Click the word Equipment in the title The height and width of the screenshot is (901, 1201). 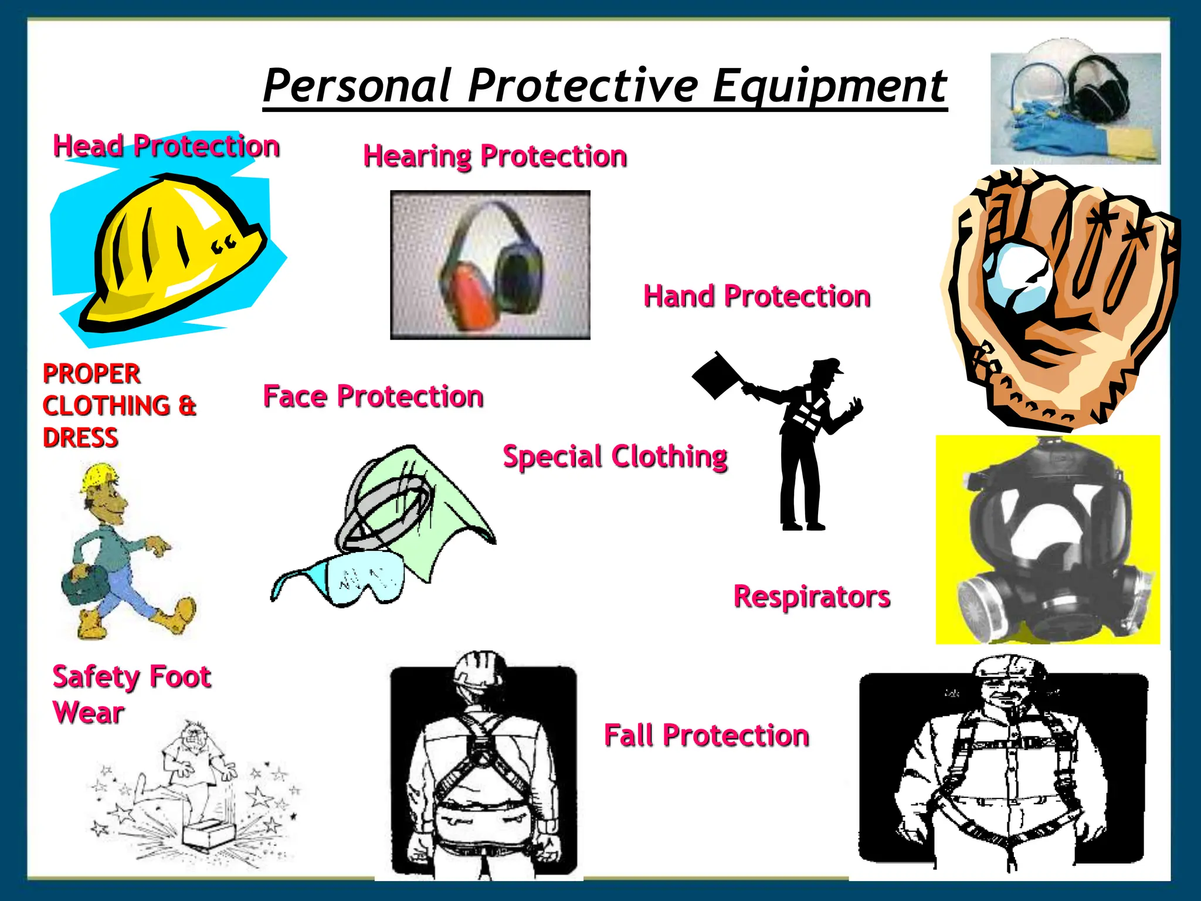tap(829, 86)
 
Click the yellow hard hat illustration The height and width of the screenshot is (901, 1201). tap(176, 252)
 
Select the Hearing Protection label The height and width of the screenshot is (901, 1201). tap(495, 156)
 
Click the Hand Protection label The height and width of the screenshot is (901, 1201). tap(756, 296)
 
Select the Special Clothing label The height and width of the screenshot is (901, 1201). tap(615, 456)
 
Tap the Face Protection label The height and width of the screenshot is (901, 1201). tap(373, 397)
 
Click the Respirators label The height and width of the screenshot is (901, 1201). tap(812, 597)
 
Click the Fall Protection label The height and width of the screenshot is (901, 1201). tap(706, 736)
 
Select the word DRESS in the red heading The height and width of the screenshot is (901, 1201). tap(80, 438)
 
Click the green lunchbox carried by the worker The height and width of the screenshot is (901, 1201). tap(79, 584)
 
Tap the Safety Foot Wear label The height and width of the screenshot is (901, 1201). tap(131, 694)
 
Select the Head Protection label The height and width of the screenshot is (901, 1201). tap(166, 146)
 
